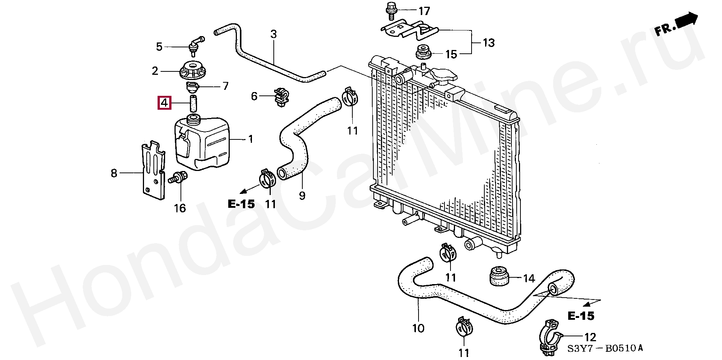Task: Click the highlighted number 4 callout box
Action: click(x=164, y=103)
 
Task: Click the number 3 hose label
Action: click(x=273, y=35)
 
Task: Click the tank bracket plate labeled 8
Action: click(x=153, y=169)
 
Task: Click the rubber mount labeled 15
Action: click(x=423, y=52)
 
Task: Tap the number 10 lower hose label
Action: click(x=418, y=328)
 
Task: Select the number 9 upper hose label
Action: click(x=302, y=196)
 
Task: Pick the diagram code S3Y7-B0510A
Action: click(x=605, y=349)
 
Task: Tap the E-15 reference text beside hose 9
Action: click(x=241, y=204)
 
